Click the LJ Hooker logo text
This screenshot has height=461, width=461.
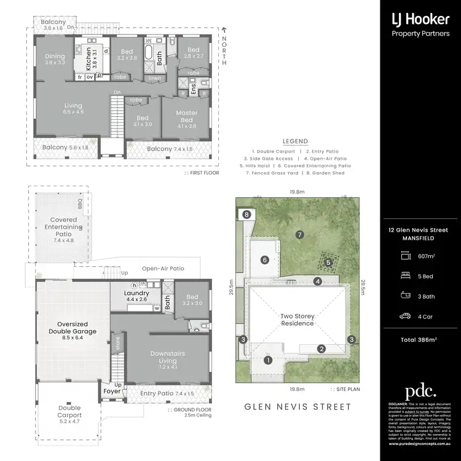point(420,19)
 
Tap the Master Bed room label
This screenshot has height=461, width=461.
point(186,116)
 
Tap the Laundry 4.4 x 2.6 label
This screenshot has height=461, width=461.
point(136,296)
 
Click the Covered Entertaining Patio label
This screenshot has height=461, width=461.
point(64,228)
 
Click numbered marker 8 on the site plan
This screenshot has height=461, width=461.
point(246,215)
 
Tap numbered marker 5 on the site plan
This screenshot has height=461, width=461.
point(328,262)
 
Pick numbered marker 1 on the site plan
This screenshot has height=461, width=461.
point(268,361)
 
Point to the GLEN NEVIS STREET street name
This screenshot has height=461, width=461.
point(297,407)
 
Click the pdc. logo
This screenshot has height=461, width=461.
point(420,392)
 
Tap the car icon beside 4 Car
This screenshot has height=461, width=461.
point(404,317)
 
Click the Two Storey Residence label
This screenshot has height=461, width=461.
point(297,320)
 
